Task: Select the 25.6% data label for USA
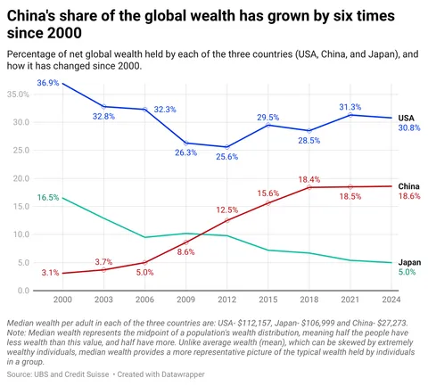pos(226,157)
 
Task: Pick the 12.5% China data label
pos(226,209)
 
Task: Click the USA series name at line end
pos(406,117)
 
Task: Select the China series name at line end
pos(408,185)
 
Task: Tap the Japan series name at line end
pos(408,262)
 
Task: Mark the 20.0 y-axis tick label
pos(21,178)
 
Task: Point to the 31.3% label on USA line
pos(350,107)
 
